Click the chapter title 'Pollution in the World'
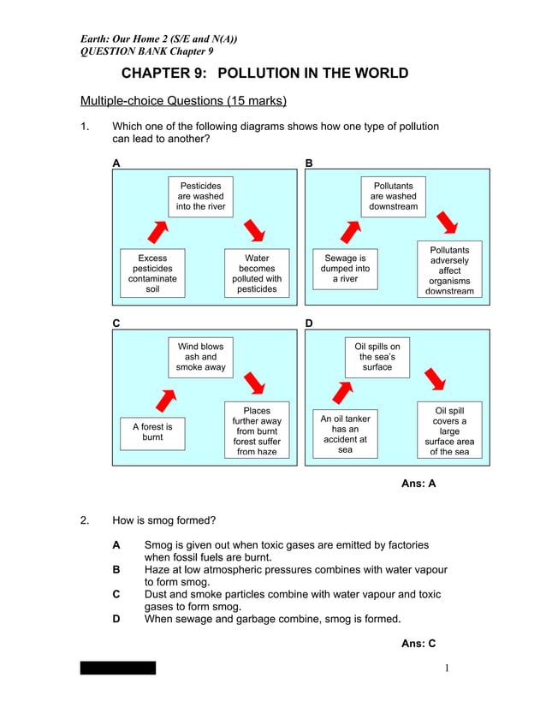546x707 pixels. point(264,74)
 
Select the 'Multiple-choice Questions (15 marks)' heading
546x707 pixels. point(183,101)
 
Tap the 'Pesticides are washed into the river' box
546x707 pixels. point(200,196)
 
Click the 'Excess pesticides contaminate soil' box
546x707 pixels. point(152,273)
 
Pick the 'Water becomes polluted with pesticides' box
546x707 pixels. point(257,273)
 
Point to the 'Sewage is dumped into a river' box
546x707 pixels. point(345,268)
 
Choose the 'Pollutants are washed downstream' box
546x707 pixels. point(394,196)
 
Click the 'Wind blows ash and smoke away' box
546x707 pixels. point(200,357)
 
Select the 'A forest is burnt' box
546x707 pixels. point(152,431)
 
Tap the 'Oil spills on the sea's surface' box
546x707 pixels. point(377,357)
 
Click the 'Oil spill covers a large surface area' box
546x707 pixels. point(449,431)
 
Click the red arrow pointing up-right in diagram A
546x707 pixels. point(159,229)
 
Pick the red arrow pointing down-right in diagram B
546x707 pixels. point(446,223)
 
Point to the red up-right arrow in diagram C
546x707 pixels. point(164,399)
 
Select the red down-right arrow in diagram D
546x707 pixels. point(436,379)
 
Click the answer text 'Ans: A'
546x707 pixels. point(418,484)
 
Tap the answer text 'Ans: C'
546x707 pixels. point(418,644)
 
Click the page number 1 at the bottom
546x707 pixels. point(448,668)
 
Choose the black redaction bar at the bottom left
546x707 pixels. point(118,668)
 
